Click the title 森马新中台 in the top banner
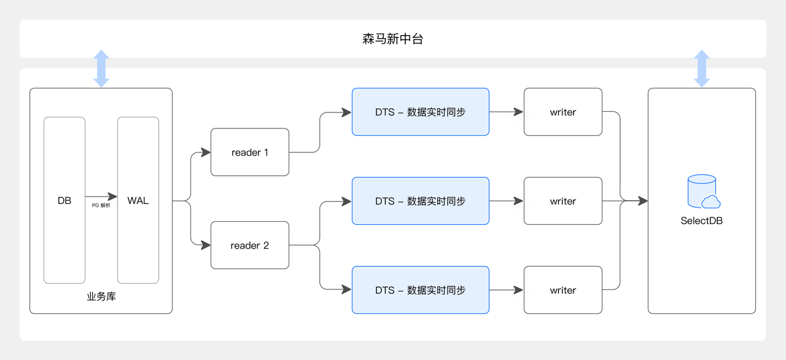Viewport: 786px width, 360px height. tap(393, 39)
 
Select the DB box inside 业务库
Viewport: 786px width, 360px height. tap(64, 200)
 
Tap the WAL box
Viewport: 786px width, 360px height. tap(138, 200)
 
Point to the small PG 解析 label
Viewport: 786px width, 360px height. tap(101, 206)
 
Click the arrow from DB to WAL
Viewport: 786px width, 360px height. tap(101, 197)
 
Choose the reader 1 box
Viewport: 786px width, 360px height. tap(250, 152)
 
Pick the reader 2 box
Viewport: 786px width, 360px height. tap(250, 245)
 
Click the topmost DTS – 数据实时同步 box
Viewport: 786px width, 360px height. tap(420, 112)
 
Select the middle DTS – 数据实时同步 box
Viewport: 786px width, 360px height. tap(420, 201)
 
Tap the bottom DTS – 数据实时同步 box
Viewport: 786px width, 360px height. tap(420, 290)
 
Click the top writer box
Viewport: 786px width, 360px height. tap(563, 112)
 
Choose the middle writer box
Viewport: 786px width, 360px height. tap(563, 201)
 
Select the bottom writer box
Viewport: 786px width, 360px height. tap(563, 290)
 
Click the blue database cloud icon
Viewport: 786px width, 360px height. tap(703, 192)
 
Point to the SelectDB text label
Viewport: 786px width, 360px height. tap(702, 221)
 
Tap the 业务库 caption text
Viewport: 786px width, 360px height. tap(101, 297)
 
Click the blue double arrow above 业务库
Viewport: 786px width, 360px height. tap(101, 68)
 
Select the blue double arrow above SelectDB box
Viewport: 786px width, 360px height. tap(702, 68)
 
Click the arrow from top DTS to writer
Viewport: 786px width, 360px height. tap(506, 112)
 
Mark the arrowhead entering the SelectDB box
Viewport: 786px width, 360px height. tap(643, 200)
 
